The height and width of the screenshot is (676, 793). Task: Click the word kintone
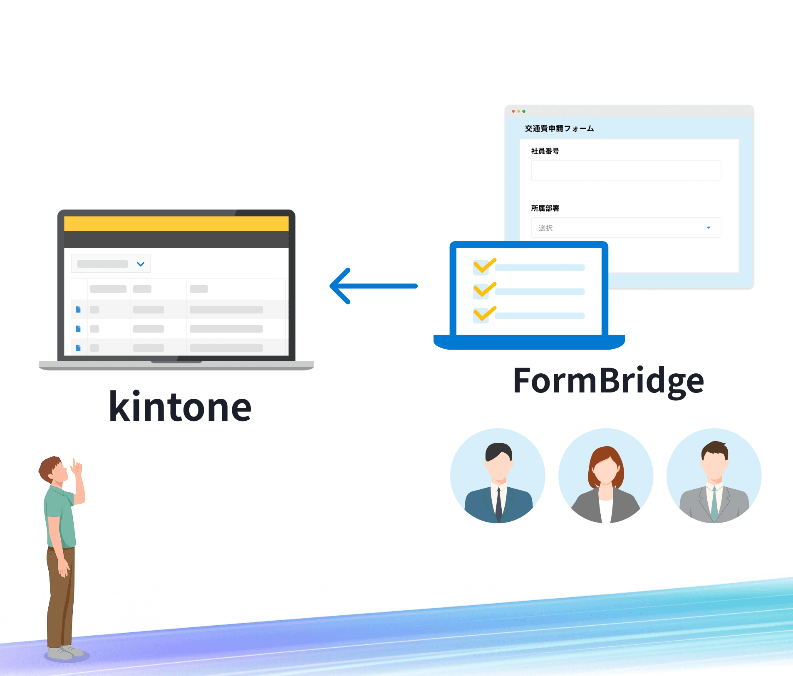[180, 406]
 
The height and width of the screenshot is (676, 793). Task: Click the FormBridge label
[608, 381]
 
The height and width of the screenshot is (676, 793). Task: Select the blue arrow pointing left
[373, 286]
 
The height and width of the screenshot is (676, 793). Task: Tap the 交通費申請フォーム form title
[559, 128]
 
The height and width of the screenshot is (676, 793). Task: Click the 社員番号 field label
[545, 151]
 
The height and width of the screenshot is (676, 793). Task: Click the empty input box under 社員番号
[626, 170]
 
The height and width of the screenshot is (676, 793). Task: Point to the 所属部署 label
[545, 208]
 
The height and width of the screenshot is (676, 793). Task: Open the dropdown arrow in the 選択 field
[709, 228]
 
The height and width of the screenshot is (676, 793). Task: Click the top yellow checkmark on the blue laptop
[485, 265]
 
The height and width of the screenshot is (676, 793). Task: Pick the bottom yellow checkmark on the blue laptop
[485, 313]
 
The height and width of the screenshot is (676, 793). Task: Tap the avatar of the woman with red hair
[606, 476]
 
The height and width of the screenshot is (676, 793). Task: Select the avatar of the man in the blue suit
[498, 476]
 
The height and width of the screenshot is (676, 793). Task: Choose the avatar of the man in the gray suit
[714, 476]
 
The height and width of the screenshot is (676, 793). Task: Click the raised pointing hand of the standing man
[76, 468]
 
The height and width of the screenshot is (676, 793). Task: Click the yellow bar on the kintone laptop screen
[176, 224]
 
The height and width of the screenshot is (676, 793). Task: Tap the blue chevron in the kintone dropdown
[141, 264]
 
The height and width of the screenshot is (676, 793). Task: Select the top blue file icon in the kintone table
[78, 309]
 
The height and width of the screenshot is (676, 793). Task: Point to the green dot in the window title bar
[524, 111]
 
